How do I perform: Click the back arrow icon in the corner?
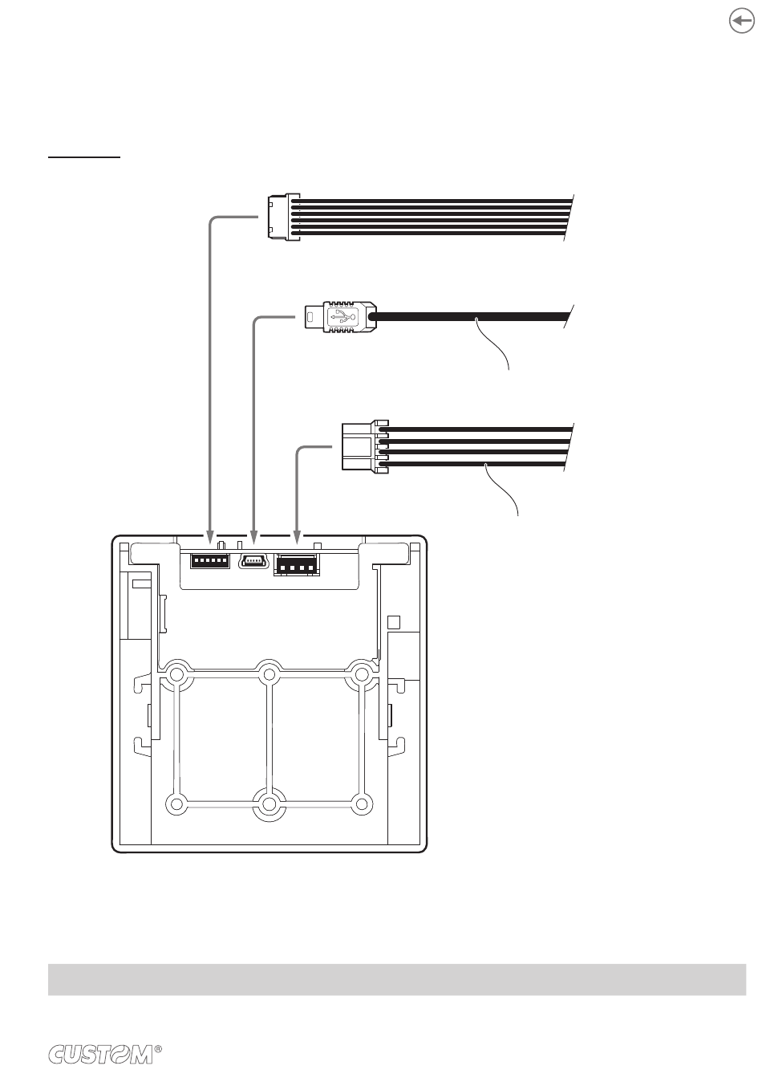(x=741, y=22)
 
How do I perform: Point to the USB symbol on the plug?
(x=342, y=317)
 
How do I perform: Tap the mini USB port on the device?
(x=253, y=561)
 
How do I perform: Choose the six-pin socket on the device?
(x=210, y=560)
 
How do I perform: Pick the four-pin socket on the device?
(x=297, y=564)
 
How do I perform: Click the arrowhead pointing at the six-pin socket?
(x=210, y=535)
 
